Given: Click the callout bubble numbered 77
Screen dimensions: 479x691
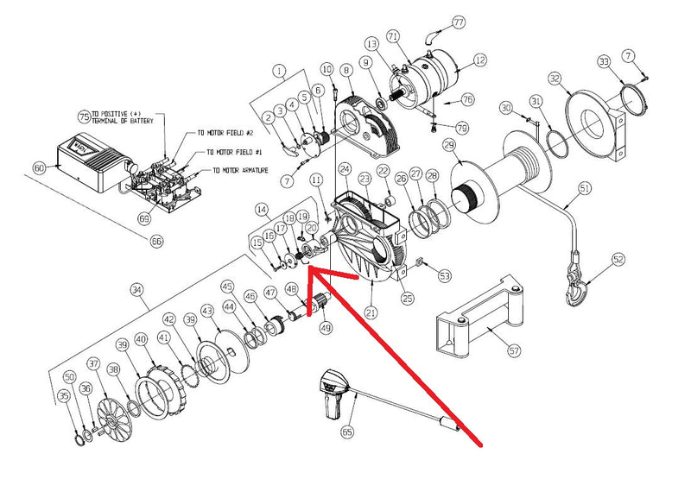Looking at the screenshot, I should point(458,22).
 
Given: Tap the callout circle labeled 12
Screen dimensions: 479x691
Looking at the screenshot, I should point(479,60).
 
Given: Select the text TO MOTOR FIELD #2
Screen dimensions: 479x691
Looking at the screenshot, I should point(227,133).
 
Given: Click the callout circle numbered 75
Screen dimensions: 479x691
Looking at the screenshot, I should point(84,116).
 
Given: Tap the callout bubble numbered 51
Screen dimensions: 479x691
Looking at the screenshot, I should point(585,188).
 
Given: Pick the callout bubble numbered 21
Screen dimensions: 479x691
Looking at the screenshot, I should point(372,312).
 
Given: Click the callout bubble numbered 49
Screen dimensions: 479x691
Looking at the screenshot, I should point(326,327).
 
